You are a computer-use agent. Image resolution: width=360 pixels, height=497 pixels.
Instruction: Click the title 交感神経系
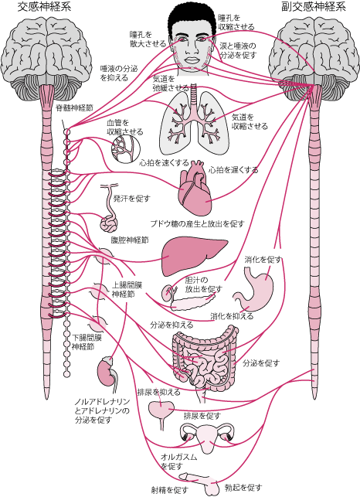point(44,7)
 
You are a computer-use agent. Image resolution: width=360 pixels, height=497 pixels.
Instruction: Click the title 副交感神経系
point(313,7)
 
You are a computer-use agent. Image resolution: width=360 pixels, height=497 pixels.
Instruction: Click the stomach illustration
point(254,288)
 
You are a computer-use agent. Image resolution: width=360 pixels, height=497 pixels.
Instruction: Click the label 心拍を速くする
point(164,163)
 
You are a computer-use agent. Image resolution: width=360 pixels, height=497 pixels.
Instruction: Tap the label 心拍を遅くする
point(233,170)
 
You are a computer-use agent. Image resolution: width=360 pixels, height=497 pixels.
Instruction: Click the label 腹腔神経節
point(130,240)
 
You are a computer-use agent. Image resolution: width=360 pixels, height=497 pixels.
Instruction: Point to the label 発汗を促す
point(132,199)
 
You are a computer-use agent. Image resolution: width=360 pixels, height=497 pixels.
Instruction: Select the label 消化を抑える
point(232,316)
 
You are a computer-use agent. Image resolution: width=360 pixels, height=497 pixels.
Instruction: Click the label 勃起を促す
point(243,487)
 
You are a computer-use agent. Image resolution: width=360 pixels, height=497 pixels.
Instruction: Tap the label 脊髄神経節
point(74,107)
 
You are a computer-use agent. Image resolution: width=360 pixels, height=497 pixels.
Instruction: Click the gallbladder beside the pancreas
point(167,293)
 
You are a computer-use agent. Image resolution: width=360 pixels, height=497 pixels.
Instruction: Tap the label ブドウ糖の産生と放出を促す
point(198,224)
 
